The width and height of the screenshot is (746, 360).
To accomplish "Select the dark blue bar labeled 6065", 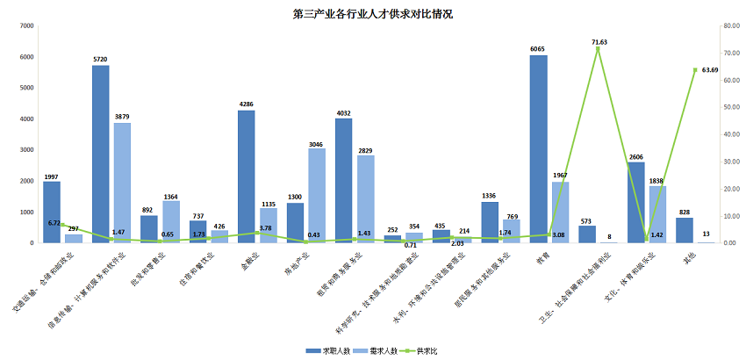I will tap(538, 149).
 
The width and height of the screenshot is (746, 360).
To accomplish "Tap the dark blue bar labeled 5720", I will tap(100, 155).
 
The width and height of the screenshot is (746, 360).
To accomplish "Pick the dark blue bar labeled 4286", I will tap(247, 176).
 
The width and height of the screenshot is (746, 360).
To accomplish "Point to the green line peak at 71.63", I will tap(599, 48).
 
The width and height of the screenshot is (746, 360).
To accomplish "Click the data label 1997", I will tap(52, 176).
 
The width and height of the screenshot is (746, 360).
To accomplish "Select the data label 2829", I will tap(365, 150).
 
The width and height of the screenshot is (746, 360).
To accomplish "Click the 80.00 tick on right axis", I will tap(728, 26).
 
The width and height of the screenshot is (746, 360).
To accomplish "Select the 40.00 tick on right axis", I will tap(728, 134).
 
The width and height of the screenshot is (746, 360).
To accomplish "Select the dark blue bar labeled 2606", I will tap(635, 202).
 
